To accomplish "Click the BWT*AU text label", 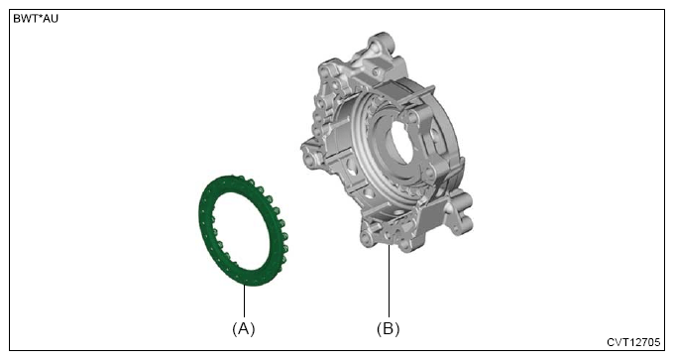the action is tap(36, 19).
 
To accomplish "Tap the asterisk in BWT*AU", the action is tap(39, 17).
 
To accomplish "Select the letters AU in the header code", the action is tap(51, 19).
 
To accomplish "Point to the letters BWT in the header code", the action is tap(25, 19).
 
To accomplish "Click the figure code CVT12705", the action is tap(633, 342).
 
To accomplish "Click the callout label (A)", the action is tap(244, 329).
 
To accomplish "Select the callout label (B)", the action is tap(389, 329).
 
